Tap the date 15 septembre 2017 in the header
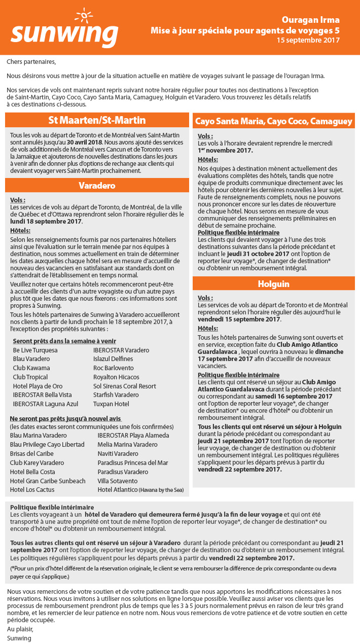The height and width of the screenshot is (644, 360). (x=308, y=40)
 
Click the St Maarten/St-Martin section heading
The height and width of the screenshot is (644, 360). (x=97, y=121)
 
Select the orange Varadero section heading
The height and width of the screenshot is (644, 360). (x=97, y=186)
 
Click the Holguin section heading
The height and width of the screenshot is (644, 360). (x=273, y=284)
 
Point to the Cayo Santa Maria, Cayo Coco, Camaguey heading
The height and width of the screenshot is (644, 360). (x=273, y=121)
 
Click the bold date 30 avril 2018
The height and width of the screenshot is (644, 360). (x=83, y=142)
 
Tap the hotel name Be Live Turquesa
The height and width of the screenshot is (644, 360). (x=35, y=350)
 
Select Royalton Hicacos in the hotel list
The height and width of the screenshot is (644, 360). (x=116, y=377)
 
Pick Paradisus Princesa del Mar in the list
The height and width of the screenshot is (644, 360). (x=133, y=462)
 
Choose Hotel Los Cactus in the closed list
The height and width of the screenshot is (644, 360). (x=32, y=490)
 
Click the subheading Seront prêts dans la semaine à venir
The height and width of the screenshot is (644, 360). (x=64, y=341)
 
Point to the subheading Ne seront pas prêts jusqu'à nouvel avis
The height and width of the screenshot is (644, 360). (x=65, y=418)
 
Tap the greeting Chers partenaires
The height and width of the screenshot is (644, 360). (x=31, y=62)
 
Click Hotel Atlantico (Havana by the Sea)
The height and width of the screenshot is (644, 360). (x=141, y=490)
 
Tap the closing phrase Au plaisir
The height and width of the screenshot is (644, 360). (x=19, y=629)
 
